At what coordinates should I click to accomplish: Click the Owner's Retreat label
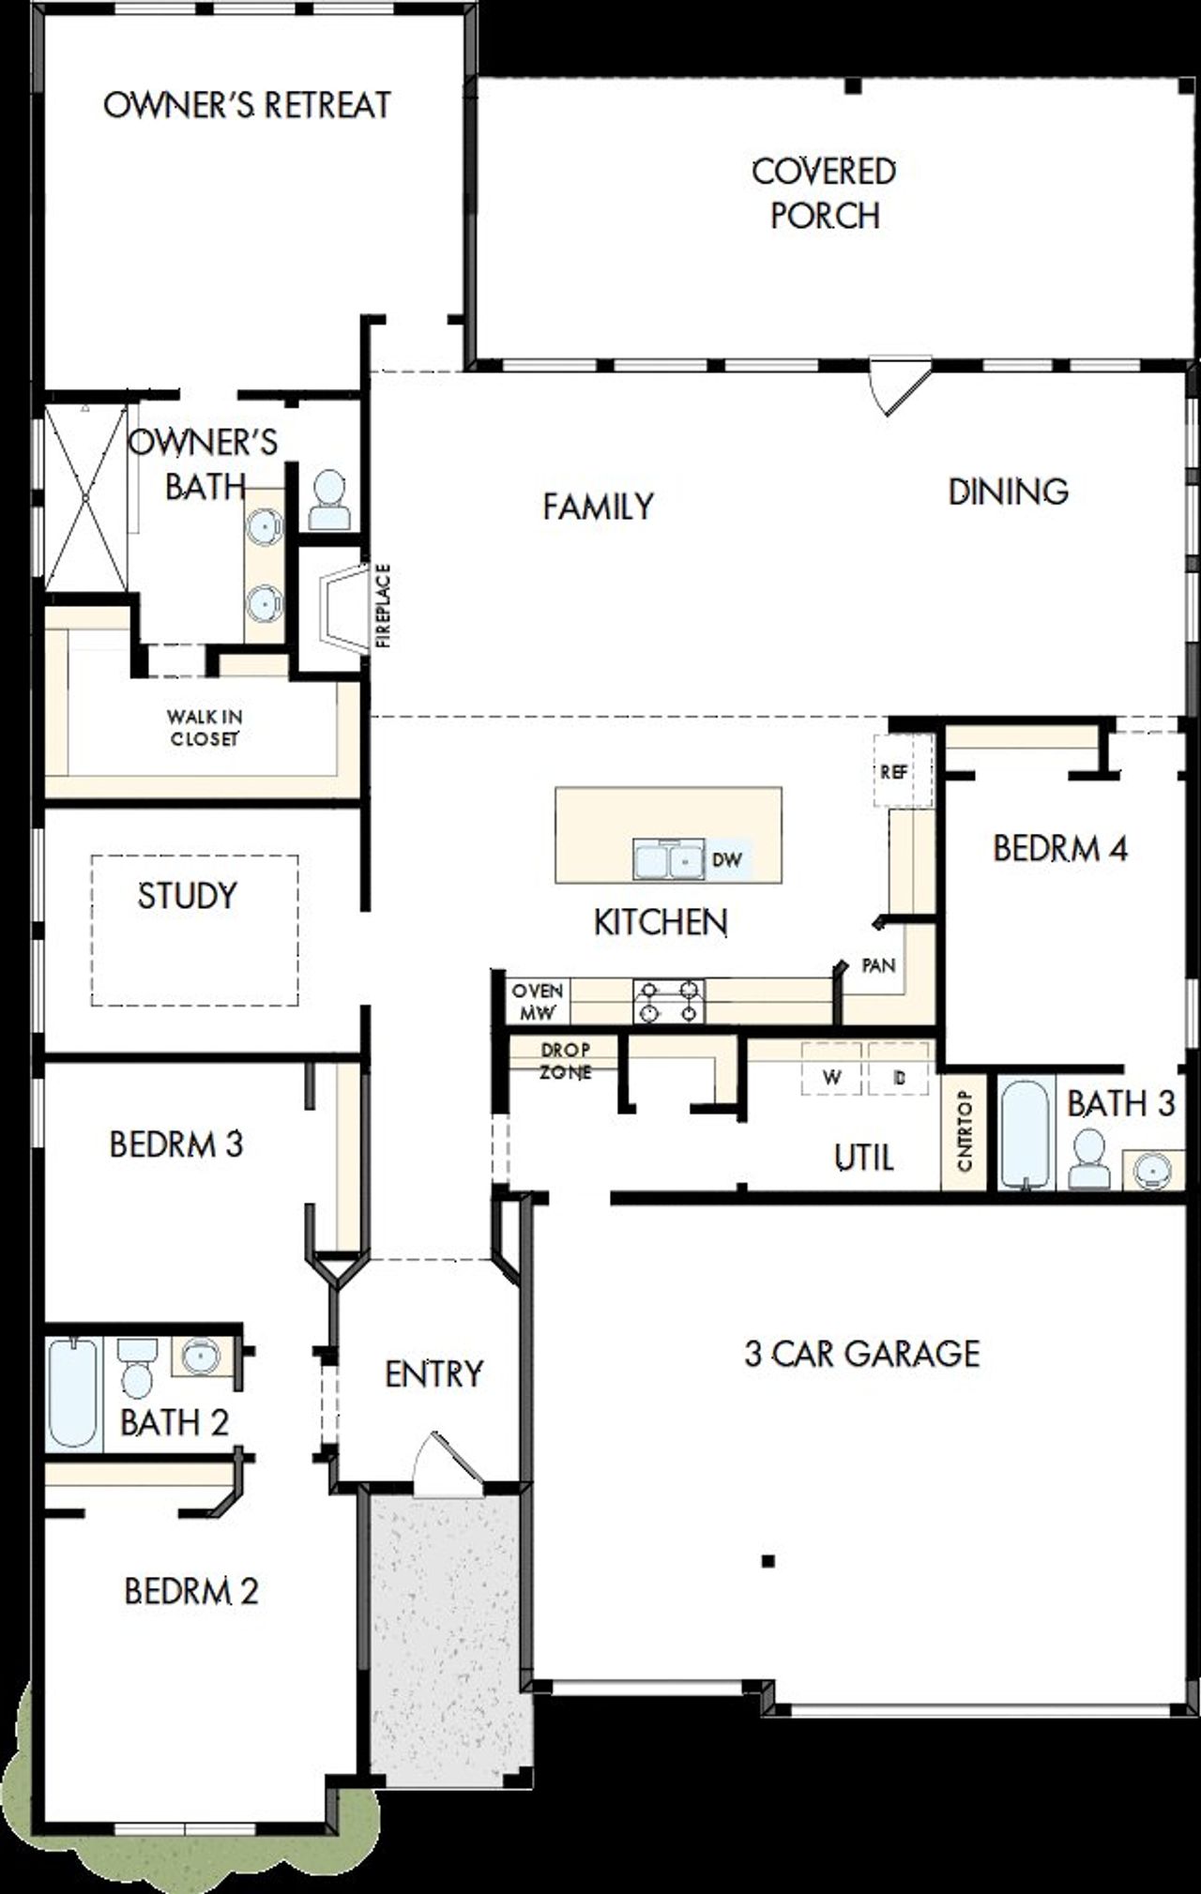(x=247, y=105)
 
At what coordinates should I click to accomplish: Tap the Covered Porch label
(x=824, y=193)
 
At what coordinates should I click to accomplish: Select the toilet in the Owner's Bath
(x=328, y=502)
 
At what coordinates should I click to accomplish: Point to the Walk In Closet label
(x=205, y=728)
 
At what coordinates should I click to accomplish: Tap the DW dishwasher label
(x=727, y=859)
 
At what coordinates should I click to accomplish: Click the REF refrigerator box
(x=894, y=772)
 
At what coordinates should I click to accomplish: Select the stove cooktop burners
(x=669, y=1000)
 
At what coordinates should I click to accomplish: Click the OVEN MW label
(x=538, y=1002)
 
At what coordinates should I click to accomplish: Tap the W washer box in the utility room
(x=831, y=1077)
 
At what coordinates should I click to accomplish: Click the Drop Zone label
(x=565, y=1061)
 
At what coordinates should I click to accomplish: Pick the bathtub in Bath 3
(x=1023, y=1135)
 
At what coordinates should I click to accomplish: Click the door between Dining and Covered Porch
(x=899, y=384)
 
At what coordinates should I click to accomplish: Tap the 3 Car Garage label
(x=861, y=1354)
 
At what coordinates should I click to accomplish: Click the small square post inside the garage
(x=768, y=1561)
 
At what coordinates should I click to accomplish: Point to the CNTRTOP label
(x=965, y=1131)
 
